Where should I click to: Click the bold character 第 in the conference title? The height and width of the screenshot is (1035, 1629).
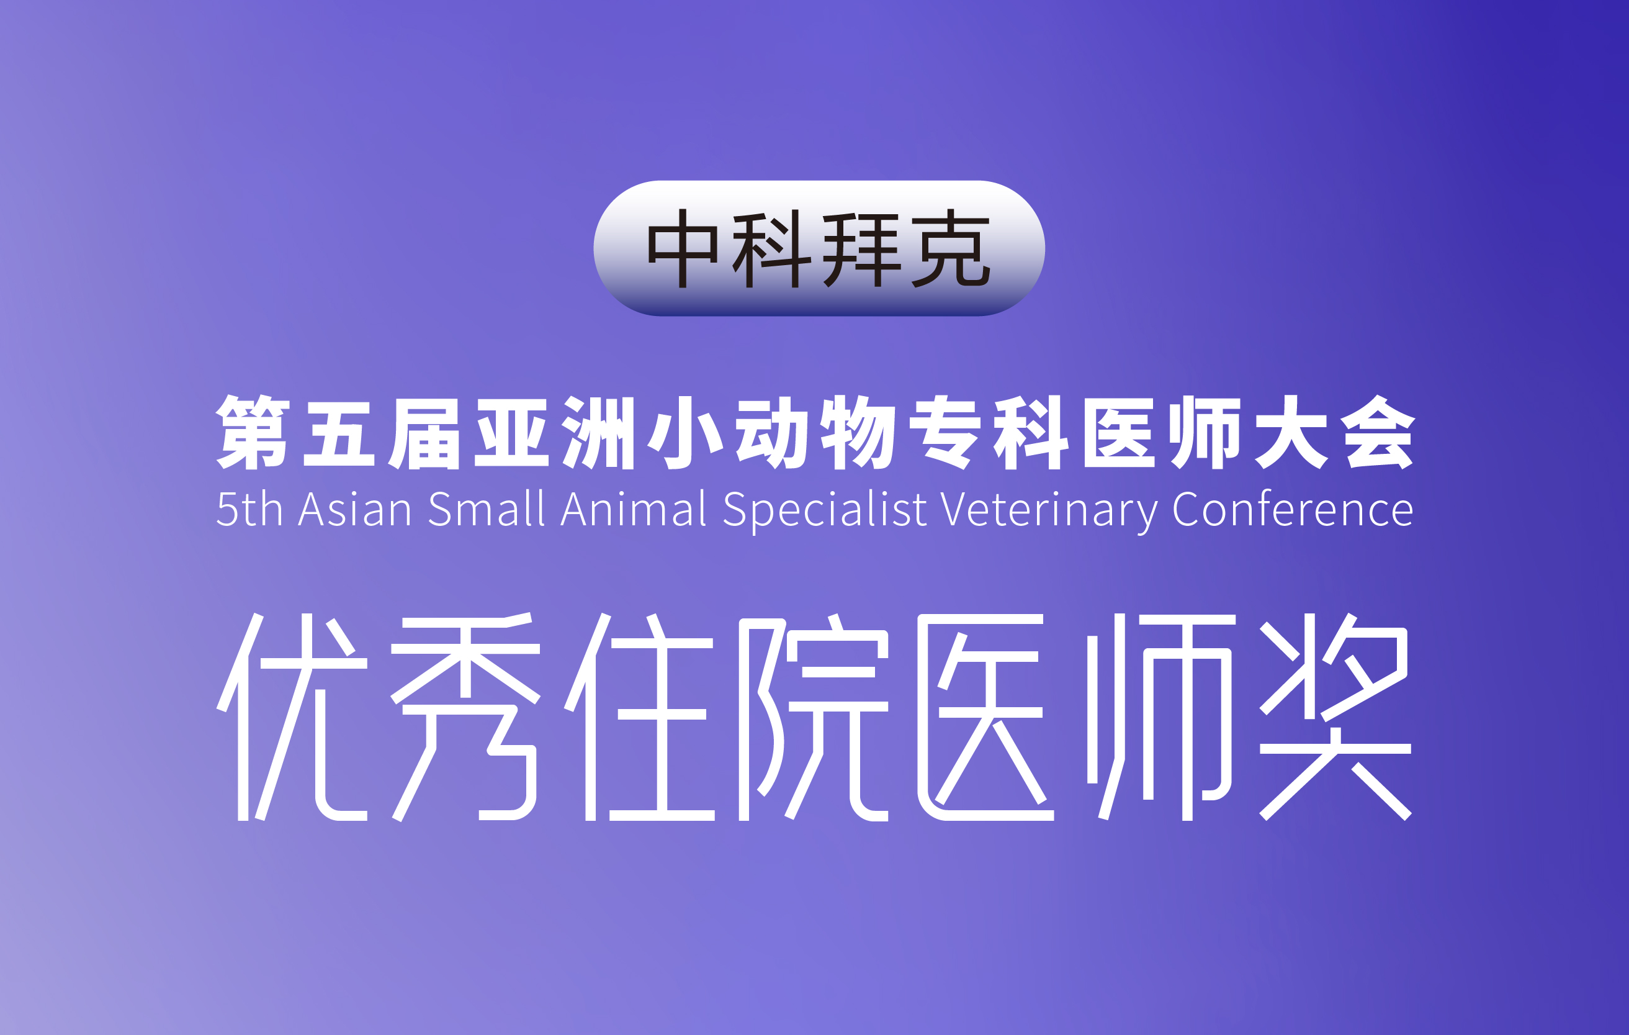(253, 432)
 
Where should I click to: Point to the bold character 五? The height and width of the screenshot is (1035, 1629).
(339, 433)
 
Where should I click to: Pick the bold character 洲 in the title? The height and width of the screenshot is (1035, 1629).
(598, 432)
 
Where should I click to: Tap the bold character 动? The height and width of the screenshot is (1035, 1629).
(772, 432)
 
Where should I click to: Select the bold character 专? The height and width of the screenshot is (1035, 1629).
(945, 432)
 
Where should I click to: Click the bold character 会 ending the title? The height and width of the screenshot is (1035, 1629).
(1378, 432)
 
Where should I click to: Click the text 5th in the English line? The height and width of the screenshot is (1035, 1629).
(249, 509)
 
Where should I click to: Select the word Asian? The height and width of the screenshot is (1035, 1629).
(355, 509)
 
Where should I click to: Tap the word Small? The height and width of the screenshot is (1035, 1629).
(487, 509)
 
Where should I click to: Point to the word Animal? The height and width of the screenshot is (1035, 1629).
(634, 509)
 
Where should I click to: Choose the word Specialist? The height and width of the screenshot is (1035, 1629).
(825, 512)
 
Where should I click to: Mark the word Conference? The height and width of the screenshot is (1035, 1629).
(1293, 509)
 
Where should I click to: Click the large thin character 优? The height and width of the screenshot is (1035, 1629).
(292, 718)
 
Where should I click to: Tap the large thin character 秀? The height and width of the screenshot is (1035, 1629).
(465, 718)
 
